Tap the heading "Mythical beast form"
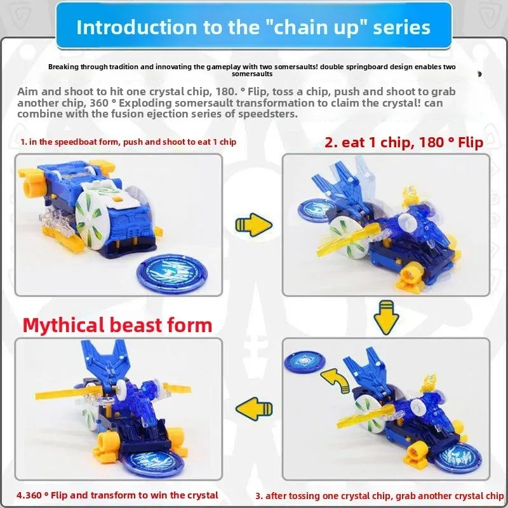[117, 325]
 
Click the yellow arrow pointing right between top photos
[253, 225]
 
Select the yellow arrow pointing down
[386, 317]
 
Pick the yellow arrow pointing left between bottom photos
[254, 409]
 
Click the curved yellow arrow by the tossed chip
[335, 380]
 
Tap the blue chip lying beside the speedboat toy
[172, 272]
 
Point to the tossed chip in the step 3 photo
[305, 361]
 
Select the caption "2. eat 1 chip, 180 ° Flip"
[404, 142]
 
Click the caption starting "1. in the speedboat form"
[128, 142]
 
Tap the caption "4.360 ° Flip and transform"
[117, 495]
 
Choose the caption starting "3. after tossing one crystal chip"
[379, 496]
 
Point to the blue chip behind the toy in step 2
[314, 210]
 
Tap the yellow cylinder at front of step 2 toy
[410, 276]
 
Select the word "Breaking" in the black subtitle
[63, 67]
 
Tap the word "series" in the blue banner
[401, 27]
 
